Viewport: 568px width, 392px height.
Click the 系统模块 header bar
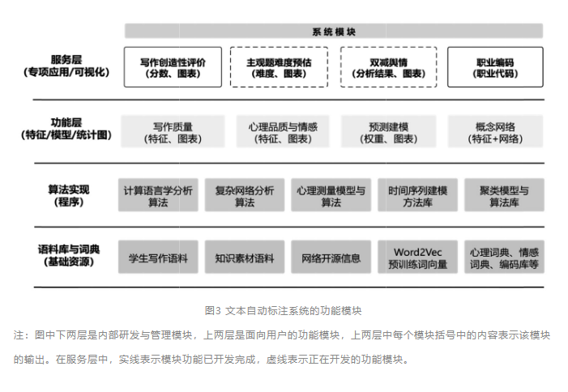tap(334, 32)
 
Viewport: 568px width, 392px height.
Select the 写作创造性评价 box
tap(173, 66)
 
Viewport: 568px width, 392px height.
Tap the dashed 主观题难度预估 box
tap(281, 66)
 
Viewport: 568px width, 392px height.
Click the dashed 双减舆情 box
tap(389, 66)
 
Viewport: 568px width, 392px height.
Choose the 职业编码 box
tap(497, 66)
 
